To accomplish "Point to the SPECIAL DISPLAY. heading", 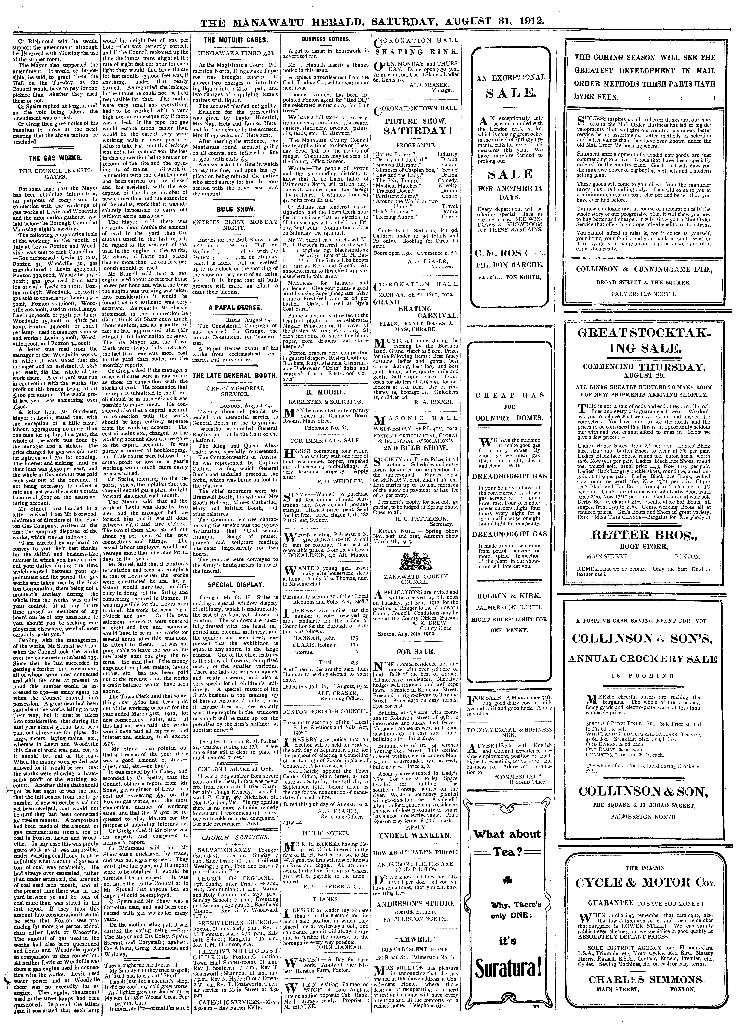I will [x=236, y=585].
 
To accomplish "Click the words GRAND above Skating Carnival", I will [x=387, y=302].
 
